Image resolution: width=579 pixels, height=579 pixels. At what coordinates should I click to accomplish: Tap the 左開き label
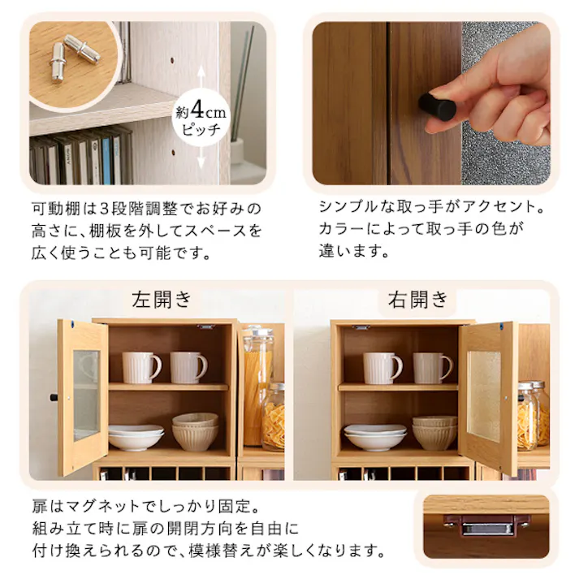click(162, 300)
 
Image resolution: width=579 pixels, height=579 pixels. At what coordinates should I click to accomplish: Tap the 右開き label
click(418, 300)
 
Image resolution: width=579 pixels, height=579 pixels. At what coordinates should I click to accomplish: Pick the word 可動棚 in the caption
click(54, 208)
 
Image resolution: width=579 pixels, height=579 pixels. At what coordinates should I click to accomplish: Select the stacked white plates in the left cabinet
click(135, 437)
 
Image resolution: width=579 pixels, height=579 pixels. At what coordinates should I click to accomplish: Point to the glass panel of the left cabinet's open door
click(86, 395)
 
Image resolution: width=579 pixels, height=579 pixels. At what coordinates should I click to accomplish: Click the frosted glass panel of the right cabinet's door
click(484, 393)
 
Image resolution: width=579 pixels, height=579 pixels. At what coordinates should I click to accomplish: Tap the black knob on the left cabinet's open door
click(54, 398)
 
